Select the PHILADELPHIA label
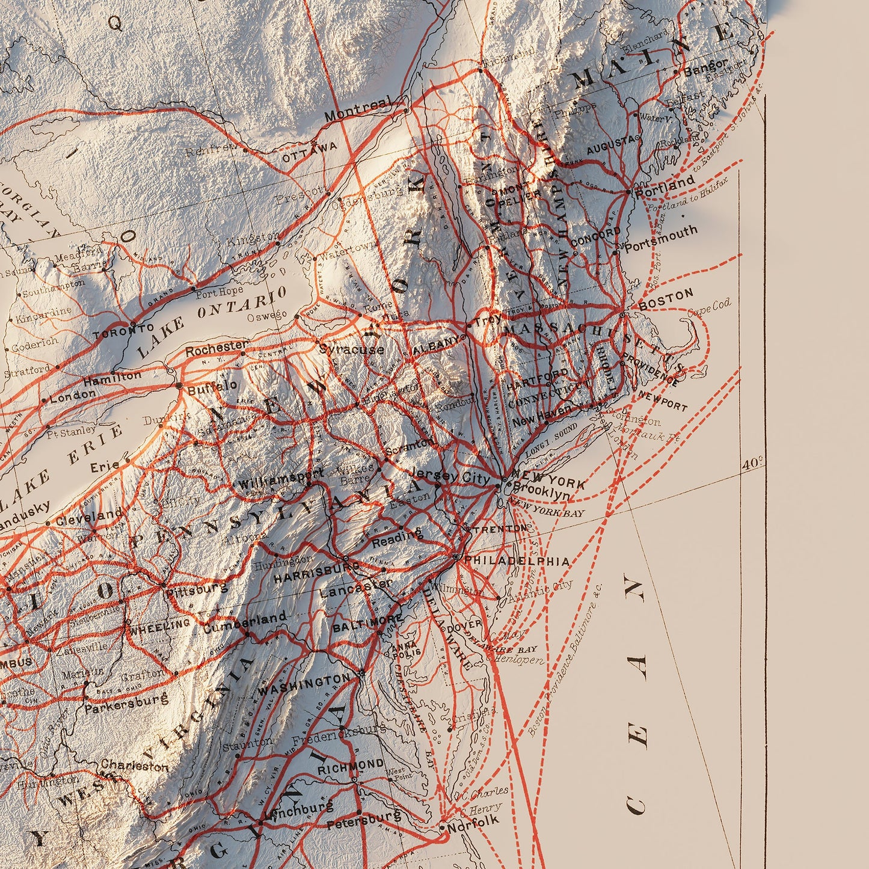(517, 560)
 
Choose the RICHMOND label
(351, 766)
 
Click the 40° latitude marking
(752, 464)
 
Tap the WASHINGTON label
(304, 684)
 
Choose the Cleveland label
(88, 516)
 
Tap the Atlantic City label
(540, 591)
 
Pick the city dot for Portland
(628, 192)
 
